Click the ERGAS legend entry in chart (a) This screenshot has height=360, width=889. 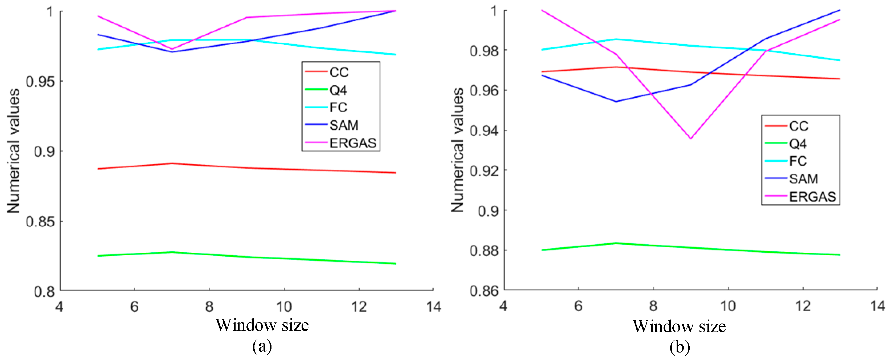pyautogui.click(x=352, y=143)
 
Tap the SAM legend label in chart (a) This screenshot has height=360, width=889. pyautogui.click(x=344, y=125)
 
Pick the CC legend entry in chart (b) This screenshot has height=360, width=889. pyautogui.click(x=799, y=126)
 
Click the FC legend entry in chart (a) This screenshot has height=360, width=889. pyautogui.click(x=338, y=107)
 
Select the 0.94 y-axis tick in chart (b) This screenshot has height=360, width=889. pyautogui.click(x=484, y=131)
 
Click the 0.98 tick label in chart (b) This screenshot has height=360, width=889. pyautogui.click(x=484, y=51)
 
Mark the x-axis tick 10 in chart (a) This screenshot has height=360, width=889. pyautogui.click(x=284, y=306)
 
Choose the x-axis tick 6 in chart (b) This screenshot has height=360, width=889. pyautogui.click(x=578, y=306)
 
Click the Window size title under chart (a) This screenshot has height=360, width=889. pyautogui.click(x=262, y=325)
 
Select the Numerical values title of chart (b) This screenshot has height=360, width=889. pyautogui.click(x=457, y=150)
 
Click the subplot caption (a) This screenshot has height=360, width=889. pyautogui.click(x=262, y=346)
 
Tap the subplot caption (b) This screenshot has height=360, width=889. pyautogui.click(x=680, y=347)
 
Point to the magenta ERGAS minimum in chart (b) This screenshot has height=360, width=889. pyautogui.click(x=690, y=139)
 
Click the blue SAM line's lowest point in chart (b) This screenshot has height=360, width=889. pyautogui.click(x=616, y=101)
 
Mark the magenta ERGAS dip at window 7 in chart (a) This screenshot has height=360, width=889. pyautogui.click(x=172, y=49)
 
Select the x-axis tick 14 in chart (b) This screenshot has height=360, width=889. pyautogui.click(x=877, y=306)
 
